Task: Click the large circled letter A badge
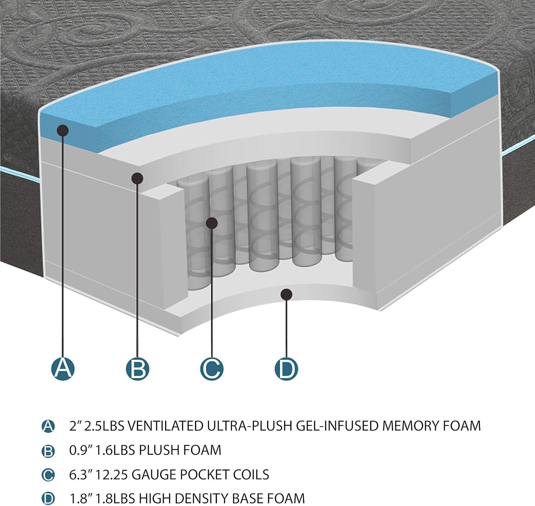(x=63, y=369)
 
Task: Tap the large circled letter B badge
(x=137, y=369)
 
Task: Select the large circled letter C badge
(x=212, y=369)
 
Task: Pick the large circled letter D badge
(x=286, y=369)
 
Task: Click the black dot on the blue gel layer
(x=62, y=130)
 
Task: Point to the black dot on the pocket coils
(x=212, y=223)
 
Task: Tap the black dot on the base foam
(x=286, y=294)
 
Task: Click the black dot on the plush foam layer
(x=137, y=179)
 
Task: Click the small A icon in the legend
(x=48, y=426)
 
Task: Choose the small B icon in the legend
(x=48, y=451)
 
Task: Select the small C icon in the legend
(x=48, y=475)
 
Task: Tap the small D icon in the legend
(x=48, y=499)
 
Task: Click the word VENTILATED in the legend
(x=165, y=426)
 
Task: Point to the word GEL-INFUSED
(x=337, y=426)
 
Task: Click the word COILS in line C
(x=251, y=475)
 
